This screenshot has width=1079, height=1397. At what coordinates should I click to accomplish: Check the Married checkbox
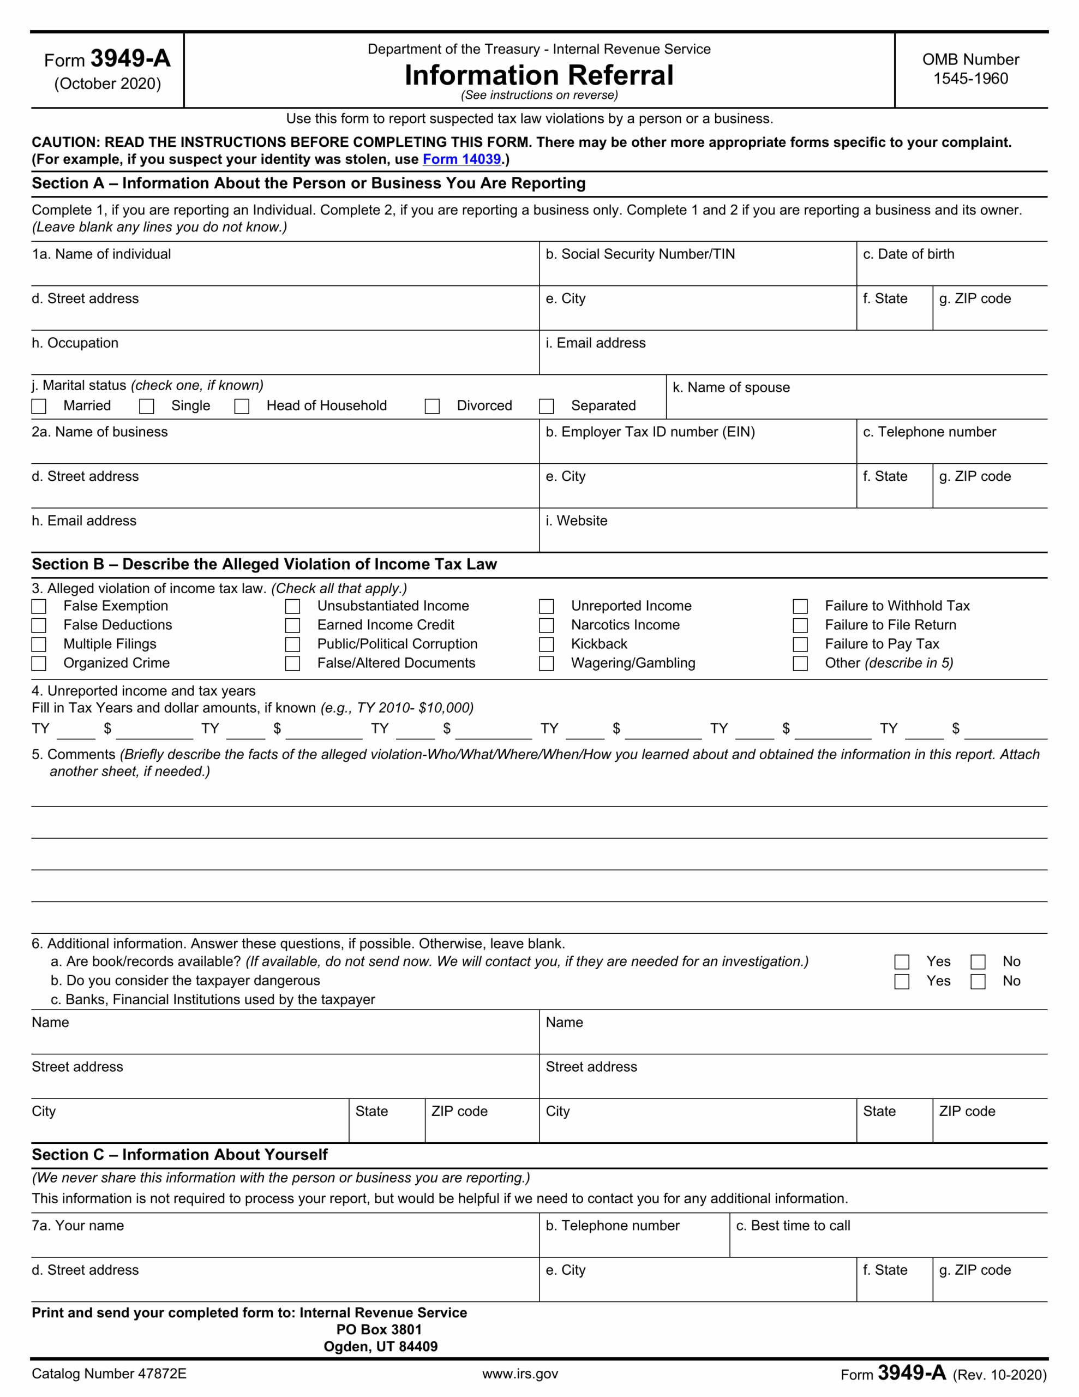pyautogui.click(x=39, y=406)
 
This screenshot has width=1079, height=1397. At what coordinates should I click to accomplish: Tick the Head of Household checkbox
pyautogui.click(x=242, y=406)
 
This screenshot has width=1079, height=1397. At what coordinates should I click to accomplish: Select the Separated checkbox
pyautogui.click(x=546, y=406)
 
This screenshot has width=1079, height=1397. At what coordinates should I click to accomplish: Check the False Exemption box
pyautogui.click(x=39, y=606)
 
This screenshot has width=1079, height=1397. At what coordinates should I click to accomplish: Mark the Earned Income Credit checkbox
pyautogui.click(x=293, y=625)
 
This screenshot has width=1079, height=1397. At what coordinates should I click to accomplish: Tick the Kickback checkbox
pyautogui.click(x=546, y=644)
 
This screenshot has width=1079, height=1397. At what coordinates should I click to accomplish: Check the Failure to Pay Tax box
pyautogui.click(x=800, y=644)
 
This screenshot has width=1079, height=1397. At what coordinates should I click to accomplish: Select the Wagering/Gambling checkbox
pyautogui.click(x=546, y=664)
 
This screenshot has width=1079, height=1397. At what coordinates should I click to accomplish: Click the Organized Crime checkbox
pyautogui.click(x=39, y=664)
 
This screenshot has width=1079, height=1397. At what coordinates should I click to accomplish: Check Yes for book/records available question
pyautogui.click(x=902, y=962)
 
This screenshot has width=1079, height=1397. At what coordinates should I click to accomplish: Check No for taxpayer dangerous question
pyautogui.click(x=978, y=981)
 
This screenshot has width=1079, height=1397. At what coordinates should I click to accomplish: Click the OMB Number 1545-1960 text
pyautogui.click(x=970, y=69)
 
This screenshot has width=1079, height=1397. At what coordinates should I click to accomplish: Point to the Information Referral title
pyautogui.click(x=539, y=75)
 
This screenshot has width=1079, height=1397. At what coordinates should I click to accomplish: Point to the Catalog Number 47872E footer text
pyautogui.click(x=109, y=1374)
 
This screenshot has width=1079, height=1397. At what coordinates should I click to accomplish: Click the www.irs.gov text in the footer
pyautogui.click(x=520, y=1374)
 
